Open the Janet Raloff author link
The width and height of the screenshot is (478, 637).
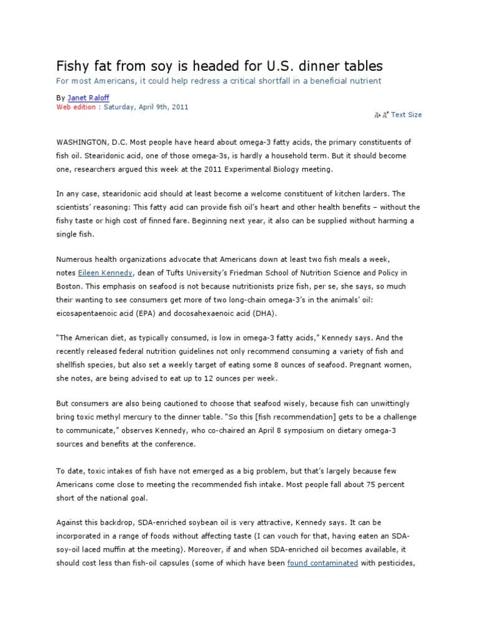[x=85, y=98]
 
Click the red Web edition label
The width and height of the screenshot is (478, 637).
[x=76, y=106]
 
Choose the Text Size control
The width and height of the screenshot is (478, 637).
[x=406, y=114]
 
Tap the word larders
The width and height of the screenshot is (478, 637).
[x=373, y=193]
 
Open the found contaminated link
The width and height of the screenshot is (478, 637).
[x=322, y=562]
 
